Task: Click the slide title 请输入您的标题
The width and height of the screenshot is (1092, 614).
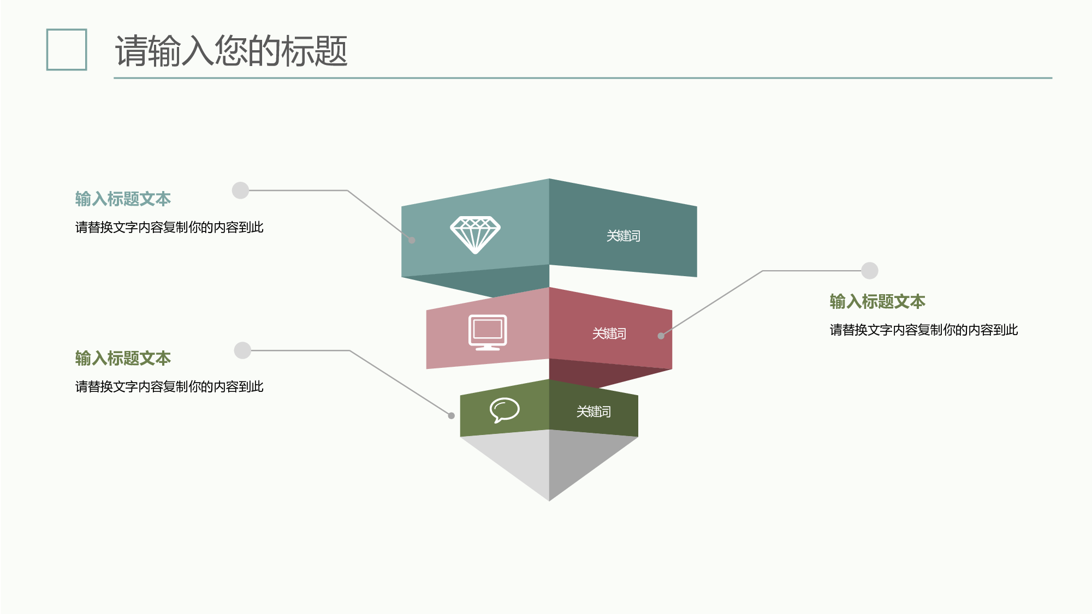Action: pos(231,51)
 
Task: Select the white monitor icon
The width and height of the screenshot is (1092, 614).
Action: pos(488,332)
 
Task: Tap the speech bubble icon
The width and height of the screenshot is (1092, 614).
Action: pos(505,410)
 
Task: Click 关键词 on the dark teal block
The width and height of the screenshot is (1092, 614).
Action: pos(624,236)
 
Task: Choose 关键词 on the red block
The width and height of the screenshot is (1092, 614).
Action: pos(609,333)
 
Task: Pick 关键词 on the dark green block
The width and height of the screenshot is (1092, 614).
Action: pos(594,412)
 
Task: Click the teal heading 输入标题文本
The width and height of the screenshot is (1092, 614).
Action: pos(123,199)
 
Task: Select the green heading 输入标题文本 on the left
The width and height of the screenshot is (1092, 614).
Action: pos(123,358)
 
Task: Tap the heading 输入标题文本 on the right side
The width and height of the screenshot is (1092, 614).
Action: pos(877,301)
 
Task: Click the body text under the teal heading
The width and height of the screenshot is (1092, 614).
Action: pos(169,227)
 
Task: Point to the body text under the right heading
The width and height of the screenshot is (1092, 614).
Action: pos(924,330)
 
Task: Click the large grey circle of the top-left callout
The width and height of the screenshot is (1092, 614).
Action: pos(240,190)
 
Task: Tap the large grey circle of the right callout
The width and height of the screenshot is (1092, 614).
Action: pos(870,271)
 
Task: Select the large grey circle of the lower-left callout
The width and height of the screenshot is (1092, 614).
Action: pos(242,350)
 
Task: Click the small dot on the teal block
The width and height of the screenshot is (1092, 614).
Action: pos(412,240)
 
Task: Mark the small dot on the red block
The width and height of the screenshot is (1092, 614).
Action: pos(661,336)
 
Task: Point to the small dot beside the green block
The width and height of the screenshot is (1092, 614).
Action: pos(452,416)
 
